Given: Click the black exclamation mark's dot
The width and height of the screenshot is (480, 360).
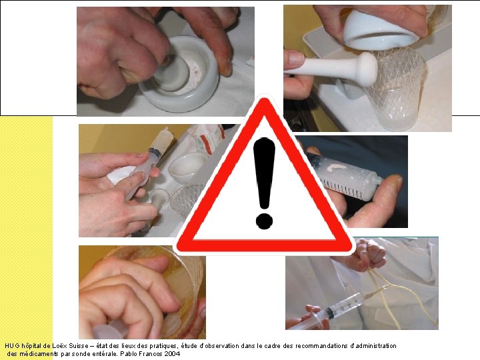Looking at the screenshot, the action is point(264,221).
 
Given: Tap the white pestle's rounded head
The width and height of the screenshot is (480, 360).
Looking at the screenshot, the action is point(367,69).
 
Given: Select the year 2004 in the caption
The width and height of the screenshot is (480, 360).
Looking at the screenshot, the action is point(173,354).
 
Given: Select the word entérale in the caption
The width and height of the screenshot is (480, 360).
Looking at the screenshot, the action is point(103,354).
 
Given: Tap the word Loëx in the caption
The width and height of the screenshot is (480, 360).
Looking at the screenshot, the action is point(55,346).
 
